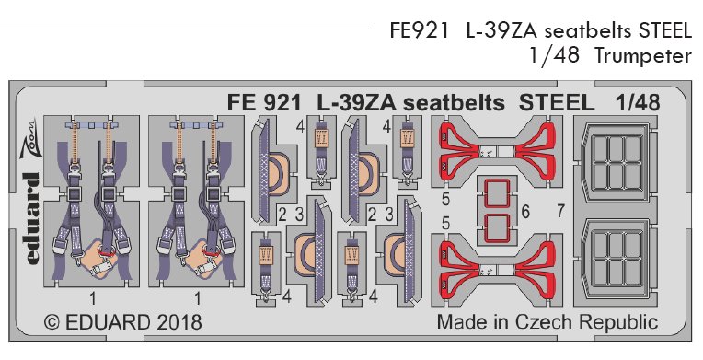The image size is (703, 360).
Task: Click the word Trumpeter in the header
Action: [643, 56]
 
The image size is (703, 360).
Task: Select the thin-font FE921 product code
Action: [420, 30]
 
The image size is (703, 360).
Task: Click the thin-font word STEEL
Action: [663, 30]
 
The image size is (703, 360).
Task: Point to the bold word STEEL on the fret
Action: [557, 102]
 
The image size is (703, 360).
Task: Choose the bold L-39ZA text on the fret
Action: [357, 103]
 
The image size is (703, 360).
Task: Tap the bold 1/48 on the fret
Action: [637, 102]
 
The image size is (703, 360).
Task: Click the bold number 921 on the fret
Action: [282, 103]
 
